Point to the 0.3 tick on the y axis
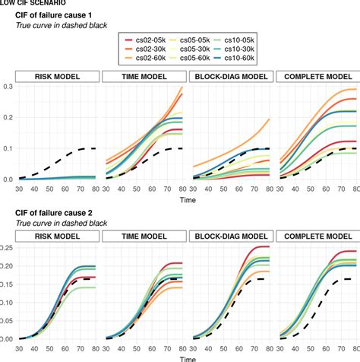pyautogui.click(x=8, y=87)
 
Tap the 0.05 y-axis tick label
pyautogui.click(x=7, y=321)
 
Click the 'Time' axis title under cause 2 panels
pyautogui.click(x=182, y=356)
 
